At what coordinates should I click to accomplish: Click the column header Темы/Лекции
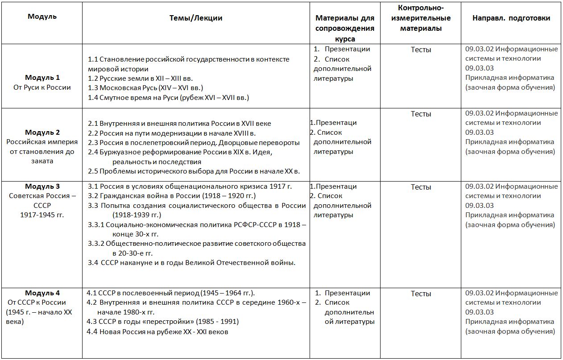coord(196,18)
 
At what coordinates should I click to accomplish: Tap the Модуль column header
coord(42,17)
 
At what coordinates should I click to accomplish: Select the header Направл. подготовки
coord(511,18)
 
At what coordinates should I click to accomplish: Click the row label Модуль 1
coord(42,78)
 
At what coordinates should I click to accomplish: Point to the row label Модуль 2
coord(42,132)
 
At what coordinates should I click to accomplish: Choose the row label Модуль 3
coord(42,186)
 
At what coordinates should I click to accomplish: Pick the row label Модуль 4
coord(42,293)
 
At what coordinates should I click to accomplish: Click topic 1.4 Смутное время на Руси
coord(168,97)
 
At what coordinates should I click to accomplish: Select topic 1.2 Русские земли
coord(141,79)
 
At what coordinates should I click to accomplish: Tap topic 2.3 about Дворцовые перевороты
coord(194,143)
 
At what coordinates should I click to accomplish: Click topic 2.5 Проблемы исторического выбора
coord(194,171)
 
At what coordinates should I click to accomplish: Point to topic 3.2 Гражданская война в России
coord(172,196)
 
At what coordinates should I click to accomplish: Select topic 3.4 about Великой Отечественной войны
coord(192,263)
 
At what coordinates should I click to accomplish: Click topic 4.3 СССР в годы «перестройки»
coord(163,322)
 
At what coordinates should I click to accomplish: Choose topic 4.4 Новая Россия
coord(157,331)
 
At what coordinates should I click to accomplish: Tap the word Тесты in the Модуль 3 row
coord(421,187)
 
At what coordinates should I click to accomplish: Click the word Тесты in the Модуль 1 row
coord(421,50)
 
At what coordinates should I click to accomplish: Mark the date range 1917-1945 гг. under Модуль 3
coord(42,215)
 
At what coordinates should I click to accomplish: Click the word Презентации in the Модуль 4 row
coord(348,293)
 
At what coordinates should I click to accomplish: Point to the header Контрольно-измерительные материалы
coord(421,18)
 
